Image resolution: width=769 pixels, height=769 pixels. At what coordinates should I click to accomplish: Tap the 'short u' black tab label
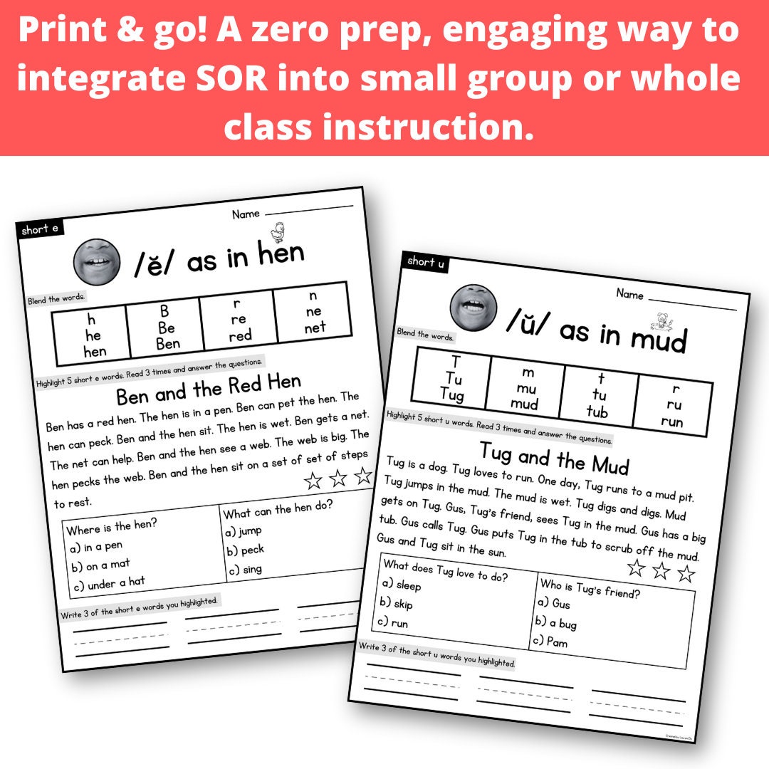tap(426, 262)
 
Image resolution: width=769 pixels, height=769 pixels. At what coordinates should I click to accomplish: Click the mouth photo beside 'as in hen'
tap(97, 259)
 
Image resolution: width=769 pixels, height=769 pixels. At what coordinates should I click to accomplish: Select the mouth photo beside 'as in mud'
tap(473, 307)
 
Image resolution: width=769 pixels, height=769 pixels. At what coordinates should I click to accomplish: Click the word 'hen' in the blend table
tap(95, 351)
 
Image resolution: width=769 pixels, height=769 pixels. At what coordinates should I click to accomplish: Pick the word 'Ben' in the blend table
tap(167, 343)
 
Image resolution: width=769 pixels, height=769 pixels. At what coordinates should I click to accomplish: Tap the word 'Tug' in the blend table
tap(451, 394)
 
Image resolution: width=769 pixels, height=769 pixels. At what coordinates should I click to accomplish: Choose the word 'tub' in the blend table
tap(597, 411)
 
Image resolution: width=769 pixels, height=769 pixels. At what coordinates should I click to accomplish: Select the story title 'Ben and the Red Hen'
tap(209, 388)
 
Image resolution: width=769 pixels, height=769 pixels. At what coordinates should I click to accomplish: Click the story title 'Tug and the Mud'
tap(555, 457)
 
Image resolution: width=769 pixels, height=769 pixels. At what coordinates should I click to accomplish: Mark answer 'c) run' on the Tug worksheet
tap(393, 622)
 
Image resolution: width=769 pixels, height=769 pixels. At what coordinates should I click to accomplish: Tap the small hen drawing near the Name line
tap(278, 231)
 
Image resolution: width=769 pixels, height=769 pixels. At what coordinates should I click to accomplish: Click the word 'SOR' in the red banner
tap(229, 78)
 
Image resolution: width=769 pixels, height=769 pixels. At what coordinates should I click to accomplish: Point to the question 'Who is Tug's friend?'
tap(590, 585)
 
